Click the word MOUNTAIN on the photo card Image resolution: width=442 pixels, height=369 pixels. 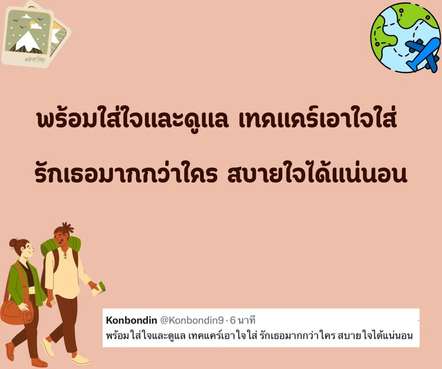coord(35,59)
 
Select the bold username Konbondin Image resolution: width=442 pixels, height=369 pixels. coord(131,320)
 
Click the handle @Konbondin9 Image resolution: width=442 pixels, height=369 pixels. coord(192,321)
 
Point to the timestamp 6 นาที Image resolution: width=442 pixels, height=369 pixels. coord(242,320)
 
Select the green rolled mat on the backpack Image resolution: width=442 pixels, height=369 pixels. coord(60,246)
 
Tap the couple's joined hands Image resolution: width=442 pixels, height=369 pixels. coord(50,303)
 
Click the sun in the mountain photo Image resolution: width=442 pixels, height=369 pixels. coord(33,23)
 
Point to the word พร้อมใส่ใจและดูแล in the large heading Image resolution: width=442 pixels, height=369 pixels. coord(132,120)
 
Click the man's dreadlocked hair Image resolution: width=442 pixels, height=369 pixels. coord(65,228)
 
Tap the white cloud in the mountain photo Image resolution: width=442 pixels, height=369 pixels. coord(36,26)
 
